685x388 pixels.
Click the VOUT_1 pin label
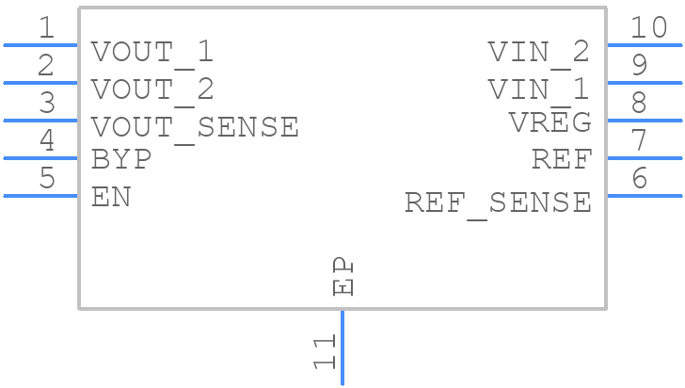pyautogui.click(x=152, y=53)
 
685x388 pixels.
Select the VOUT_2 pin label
pyautogui.click(x=152, y=89)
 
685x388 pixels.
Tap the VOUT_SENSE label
pyautogui.click(x=195, y=127)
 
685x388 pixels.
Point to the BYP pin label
pyautogui.click(x=121, y=159)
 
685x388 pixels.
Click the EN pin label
pyautogui.click(x=111, y=198)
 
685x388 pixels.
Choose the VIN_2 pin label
pyautogui.click(x=539, y=53)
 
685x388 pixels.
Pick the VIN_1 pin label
pyautogui.click(x=539, y=89)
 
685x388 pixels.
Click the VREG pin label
pyautogui.click(x=550, y=122)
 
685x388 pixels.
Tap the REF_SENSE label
pyautogui.click(x=498, y=202)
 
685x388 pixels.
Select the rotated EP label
pyautogui.click(x=344, y=277)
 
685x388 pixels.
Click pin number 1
pyautogui.click(x=46, y=28)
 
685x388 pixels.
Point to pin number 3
pyautogui.click(x=46, y=104)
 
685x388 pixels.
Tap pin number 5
pyautogui.click(x=46, y=179)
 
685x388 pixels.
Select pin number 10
pyautogui.click(x=648, y=28)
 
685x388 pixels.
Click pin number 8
pyautogui.click(x=639, y=104)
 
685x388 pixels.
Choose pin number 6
pyautogui.click(x=639, y=179)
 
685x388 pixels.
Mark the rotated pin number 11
pyautogui.click(x=325, y=352)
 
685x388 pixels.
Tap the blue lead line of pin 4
pyautogui.click(x=40, y=158)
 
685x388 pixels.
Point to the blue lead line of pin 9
pyautogui.click(x=644, y=83)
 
